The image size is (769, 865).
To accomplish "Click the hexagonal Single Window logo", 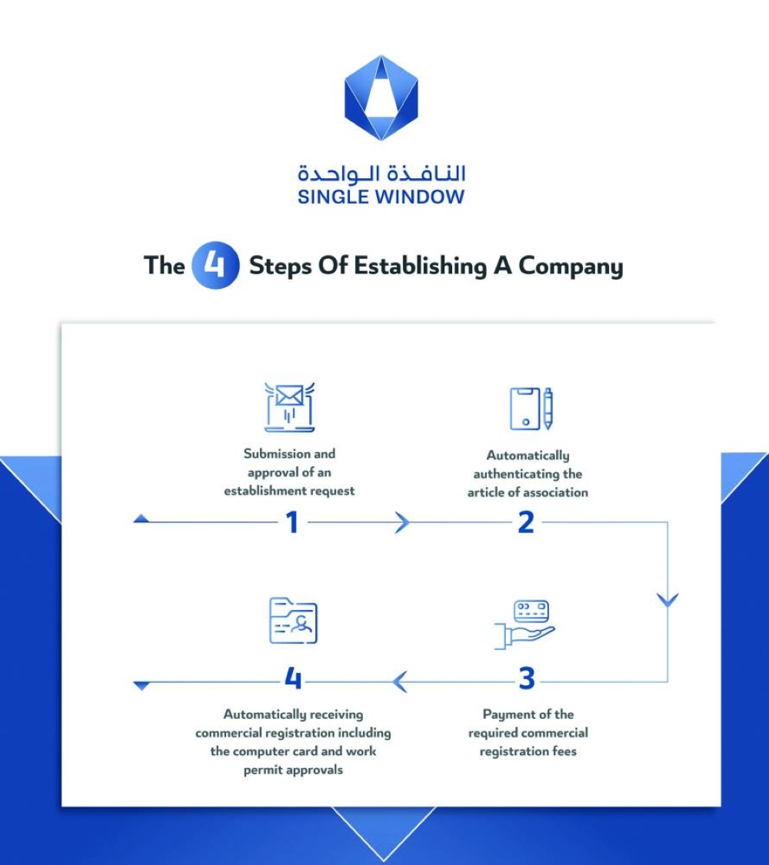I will tap(381, 98).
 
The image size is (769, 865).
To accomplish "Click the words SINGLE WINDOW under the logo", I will tap(381, 197).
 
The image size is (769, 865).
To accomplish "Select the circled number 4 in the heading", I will tap(216, 266).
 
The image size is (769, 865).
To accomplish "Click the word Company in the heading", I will tap(570, 267).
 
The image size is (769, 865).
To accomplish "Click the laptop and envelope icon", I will tap(289, 407).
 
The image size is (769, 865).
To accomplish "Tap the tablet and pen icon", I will tap(531, 408).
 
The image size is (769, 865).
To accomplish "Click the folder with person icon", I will tap(292, 621).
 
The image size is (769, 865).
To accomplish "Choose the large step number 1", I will tap(291, 523).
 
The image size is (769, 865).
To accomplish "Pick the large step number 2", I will tap(526, 523).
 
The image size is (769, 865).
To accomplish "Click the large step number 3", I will tap(526, 680).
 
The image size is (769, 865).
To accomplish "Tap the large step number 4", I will tap(293, 680).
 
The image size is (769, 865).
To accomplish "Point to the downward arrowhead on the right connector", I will tap(667, 600).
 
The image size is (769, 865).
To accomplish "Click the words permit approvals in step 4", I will tap(293, 770).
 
